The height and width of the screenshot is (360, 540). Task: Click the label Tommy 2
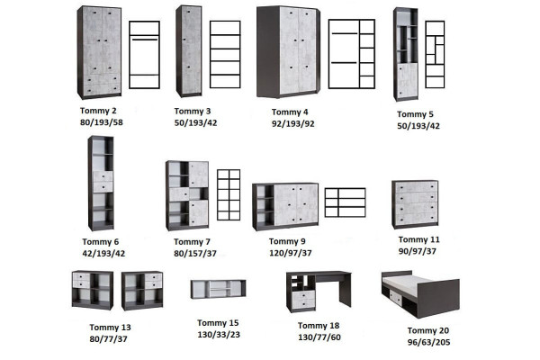98,111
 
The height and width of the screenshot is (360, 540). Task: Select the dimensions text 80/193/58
101,122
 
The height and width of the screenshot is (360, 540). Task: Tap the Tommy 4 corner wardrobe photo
288,51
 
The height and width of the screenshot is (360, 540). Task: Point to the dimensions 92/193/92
292,123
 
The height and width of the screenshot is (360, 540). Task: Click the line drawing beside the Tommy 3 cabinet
225,54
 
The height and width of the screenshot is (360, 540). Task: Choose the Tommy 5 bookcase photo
406,54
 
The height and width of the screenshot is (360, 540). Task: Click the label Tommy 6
100,242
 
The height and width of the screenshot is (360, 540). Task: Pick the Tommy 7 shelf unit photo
187,195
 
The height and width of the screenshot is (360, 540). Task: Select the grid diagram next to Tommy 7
229,195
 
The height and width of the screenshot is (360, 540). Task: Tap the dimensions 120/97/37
291,253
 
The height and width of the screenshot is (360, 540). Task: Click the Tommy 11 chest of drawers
415,204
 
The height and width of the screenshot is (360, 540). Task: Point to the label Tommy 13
110,328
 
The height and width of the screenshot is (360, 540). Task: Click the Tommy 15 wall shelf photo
219,289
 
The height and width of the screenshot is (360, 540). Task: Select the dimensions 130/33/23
219,335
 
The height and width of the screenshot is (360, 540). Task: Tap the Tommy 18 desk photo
319,292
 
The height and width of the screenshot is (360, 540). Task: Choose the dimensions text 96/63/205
428,342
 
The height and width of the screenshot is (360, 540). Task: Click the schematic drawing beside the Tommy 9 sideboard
345,202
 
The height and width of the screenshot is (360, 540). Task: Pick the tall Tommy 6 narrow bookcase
101,184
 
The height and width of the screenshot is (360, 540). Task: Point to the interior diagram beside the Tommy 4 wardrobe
352,54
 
